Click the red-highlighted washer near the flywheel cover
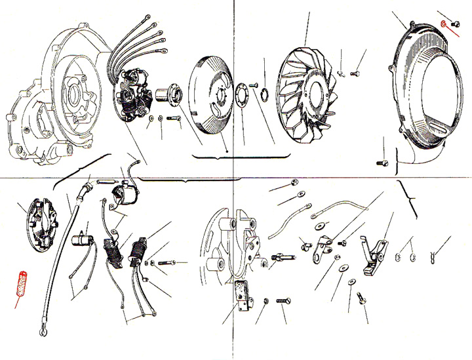[444, 24]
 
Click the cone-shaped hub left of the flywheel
[174, 94]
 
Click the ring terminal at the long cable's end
[42, 331]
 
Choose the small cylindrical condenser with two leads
[85, 237]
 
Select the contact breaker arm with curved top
[374, 252]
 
